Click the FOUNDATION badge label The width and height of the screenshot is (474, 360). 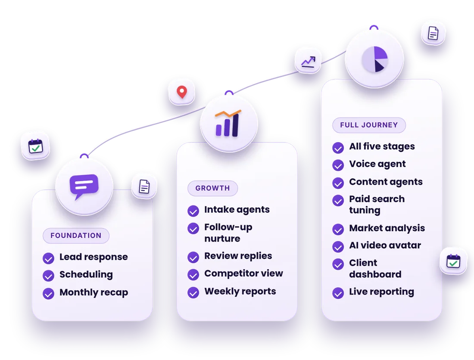pos(76,236)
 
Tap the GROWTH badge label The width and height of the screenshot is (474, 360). pos(212,188)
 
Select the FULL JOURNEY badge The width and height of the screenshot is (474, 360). pos(369,125)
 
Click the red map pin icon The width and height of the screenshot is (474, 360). pos(182,92)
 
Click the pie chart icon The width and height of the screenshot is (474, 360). pos(374,59)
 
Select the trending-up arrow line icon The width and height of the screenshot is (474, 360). pos(308,62)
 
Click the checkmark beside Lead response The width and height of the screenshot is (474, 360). pos(48,258)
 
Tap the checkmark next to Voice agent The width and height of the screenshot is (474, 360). pos(338,165)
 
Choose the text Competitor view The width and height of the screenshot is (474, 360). pos(243,273)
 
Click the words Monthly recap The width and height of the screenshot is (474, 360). pos(94,292)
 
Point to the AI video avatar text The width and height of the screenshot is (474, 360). pos(385,245)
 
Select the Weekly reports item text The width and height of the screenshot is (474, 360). pos(240,292)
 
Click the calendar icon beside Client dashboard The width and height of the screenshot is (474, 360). pos(453,261)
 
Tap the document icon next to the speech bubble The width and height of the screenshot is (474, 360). pos(144,186)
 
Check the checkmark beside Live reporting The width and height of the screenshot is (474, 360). pos(338,293)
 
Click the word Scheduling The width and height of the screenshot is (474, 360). pos(86,275)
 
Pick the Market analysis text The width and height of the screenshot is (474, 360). pos(387,228)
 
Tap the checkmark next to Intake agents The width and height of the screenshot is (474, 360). pos(193,211)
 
